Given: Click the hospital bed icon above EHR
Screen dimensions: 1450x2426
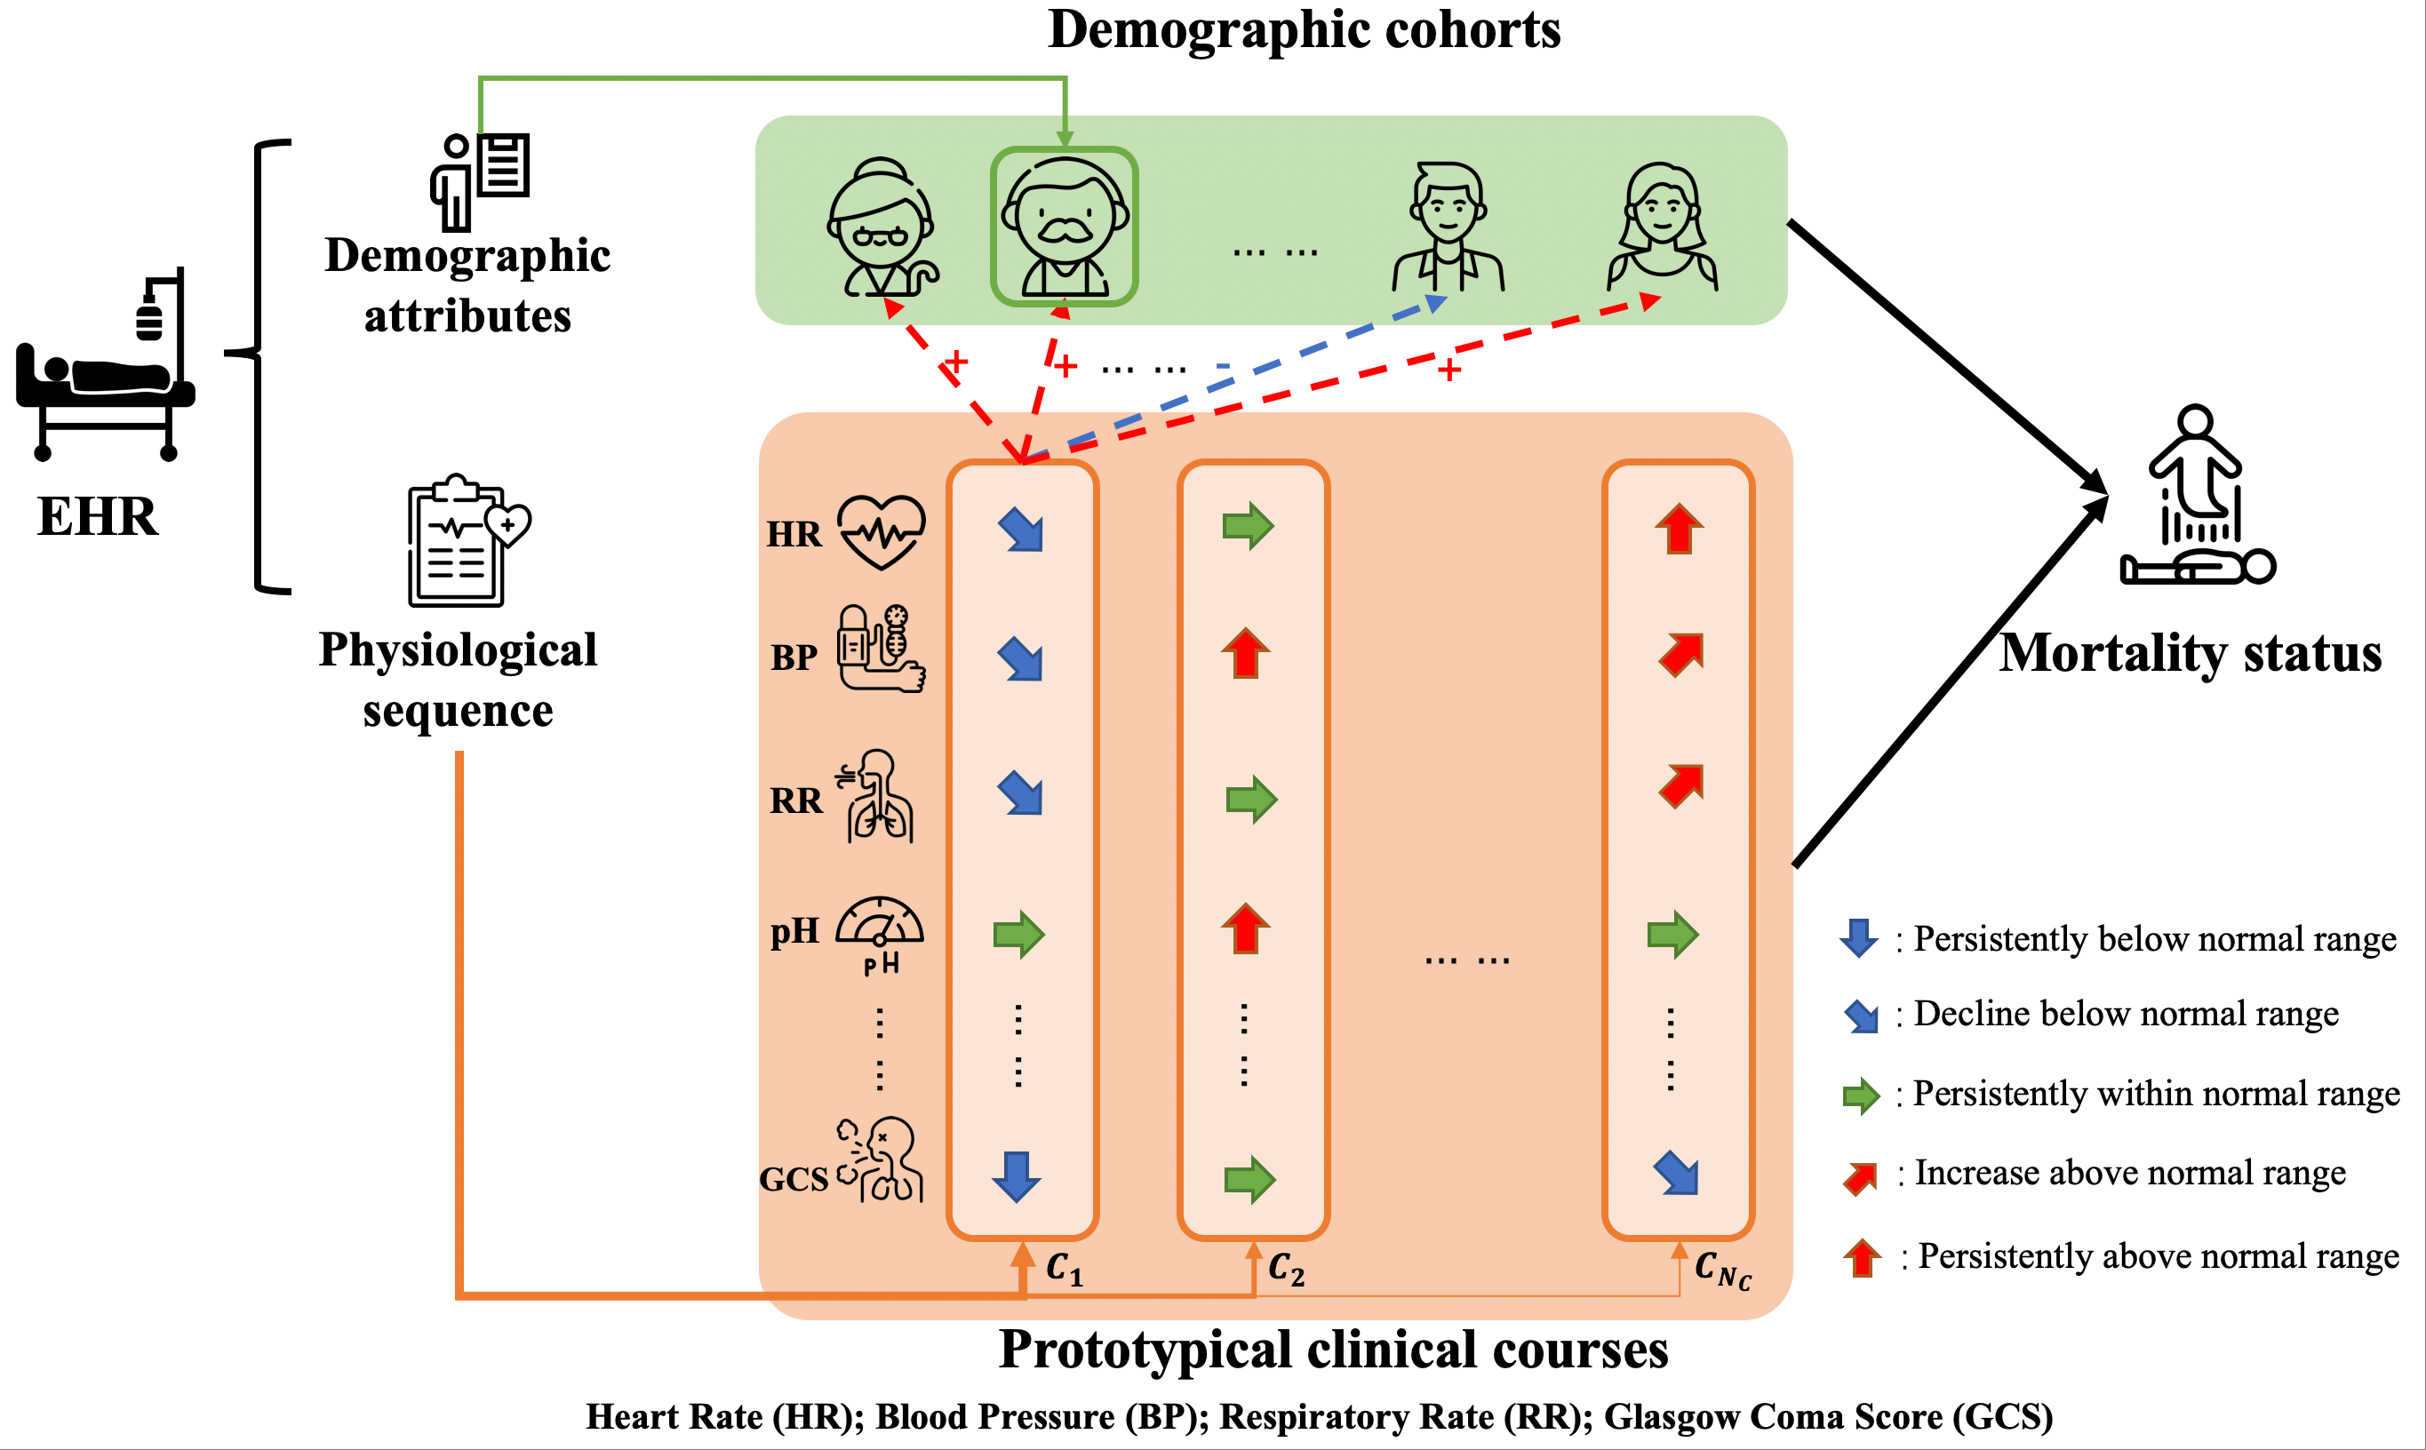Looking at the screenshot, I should pyautogui.click(x=106, y=366).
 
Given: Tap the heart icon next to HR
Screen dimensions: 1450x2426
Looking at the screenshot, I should pyautogui.click(x=882, y=531).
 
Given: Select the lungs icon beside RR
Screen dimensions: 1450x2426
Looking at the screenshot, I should pyautogui.click(x=878, y=796).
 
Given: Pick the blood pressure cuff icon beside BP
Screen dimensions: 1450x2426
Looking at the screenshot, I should pyautogui.click(x=881, y=649).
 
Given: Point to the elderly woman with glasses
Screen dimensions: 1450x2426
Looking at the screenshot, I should pyautogui.click(x=882, y=227).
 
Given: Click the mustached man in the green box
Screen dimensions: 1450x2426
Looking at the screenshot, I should pyautogui.click(x=1064, y=227).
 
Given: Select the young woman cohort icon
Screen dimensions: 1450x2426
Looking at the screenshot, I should pyautogui.click(x=1662, y=227).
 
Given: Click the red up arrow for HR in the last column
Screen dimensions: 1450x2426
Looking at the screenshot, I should pyautogui.click(x=1679, y=529).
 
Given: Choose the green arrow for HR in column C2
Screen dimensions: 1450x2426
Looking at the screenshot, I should pyautogui.click(x=1248, y=527).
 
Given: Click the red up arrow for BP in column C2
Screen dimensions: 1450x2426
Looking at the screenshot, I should pyautogui.click(x=1246, y=652).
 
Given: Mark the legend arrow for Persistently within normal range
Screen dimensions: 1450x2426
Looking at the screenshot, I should pyautogui.click(x=1862, y=1095).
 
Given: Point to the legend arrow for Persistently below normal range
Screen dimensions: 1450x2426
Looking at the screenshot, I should pyautogui.click(x=1858, y=938).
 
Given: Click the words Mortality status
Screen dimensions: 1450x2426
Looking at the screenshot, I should pyautogui.click(x=2190, y=653).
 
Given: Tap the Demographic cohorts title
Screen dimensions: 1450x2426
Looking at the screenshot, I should pyautogui.click(x=1304, y=29).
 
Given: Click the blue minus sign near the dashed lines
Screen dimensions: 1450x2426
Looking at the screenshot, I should pyautogui.click(x=1222, y=366).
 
